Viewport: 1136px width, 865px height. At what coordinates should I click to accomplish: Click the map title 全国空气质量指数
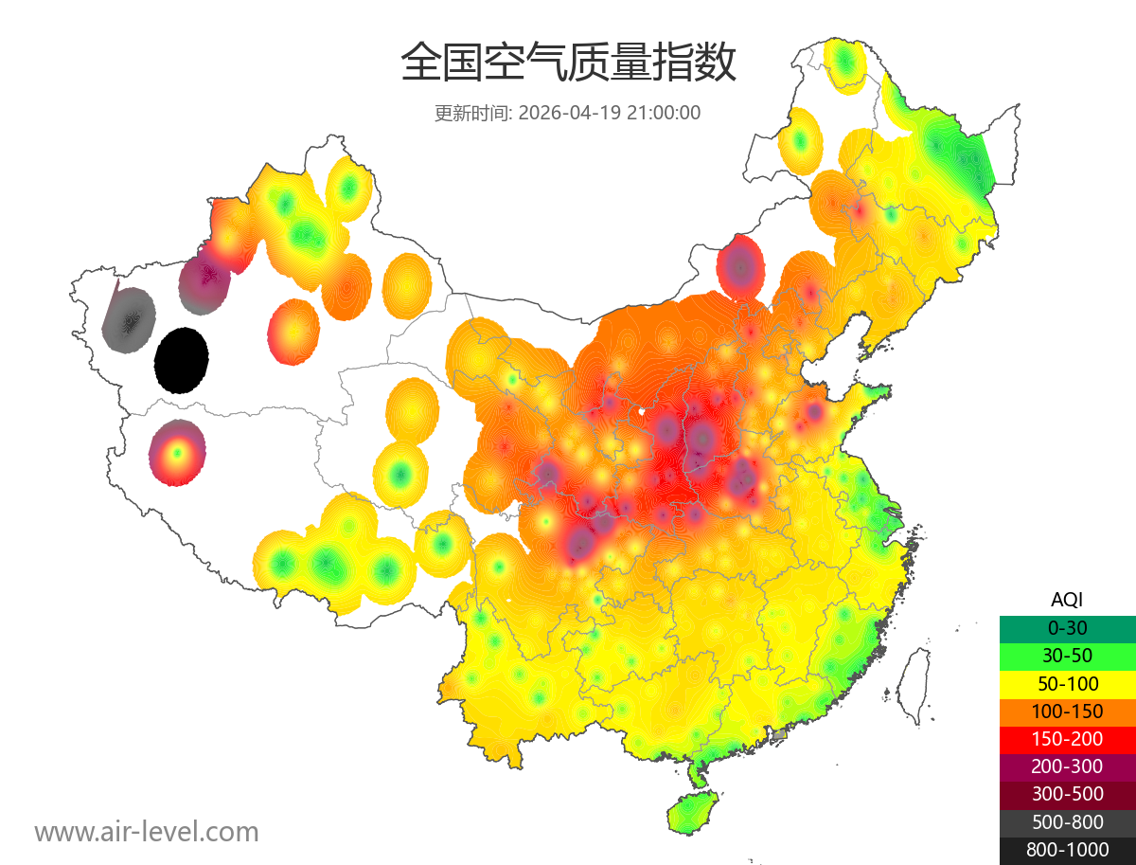pos(568,64)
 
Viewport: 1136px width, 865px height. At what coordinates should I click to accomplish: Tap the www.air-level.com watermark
pos(147,832)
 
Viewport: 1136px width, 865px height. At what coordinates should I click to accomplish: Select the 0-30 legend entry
pos(1067,628)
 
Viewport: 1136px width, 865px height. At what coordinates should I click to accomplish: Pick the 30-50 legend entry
pos(1067,656)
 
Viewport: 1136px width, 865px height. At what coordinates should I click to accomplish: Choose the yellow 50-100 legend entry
pos(1067,683)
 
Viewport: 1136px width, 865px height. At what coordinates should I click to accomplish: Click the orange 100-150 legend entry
pos(1067,712)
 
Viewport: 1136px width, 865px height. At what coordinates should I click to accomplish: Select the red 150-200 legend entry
pos(1067,739)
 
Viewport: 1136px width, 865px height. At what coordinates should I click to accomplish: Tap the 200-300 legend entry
pos(1067,766)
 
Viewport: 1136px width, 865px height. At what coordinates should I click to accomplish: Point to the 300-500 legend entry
pos(1067,794)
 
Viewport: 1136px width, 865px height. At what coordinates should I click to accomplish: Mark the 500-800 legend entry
pos(1067,822)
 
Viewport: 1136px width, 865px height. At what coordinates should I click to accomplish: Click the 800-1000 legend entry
pos(1067,850)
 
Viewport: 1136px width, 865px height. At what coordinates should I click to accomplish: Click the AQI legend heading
pos(1067,600)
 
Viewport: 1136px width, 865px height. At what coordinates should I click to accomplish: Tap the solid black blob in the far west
pos(182,360)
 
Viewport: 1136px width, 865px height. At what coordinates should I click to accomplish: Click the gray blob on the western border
pos(128,320)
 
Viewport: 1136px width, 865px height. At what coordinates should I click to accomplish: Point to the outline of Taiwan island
pos(913,687)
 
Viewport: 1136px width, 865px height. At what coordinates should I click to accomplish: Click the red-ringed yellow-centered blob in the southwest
pos(176,453)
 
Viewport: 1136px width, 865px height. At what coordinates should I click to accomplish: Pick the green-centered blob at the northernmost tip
pos(844,63)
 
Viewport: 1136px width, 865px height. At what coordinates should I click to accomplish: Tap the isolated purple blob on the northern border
pos(740,267)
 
